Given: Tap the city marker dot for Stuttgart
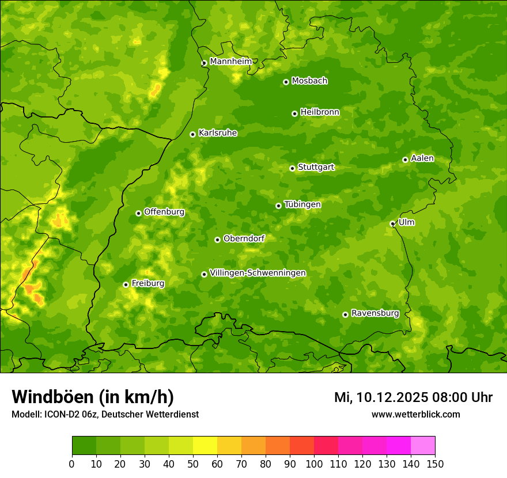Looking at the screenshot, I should (x=292, y=168).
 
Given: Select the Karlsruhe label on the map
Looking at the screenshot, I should (x=217, y=133).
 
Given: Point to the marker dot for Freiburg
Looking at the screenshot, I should (x=126, y=284).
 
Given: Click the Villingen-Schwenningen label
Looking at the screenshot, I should (x=258, y=273).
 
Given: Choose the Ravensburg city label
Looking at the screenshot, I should (x=374, y=313).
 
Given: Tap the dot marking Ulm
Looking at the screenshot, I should (x=392, y=223).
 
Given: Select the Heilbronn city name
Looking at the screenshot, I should (x=319, y=112).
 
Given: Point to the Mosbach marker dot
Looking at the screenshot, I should (x=286, y=82).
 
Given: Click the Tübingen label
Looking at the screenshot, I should (x=302, y=204).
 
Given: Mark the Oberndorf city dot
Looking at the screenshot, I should (x=217, y=240).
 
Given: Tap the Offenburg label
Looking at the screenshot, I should (x=164, y=212).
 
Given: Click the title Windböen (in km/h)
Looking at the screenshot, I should (x=92, y=397).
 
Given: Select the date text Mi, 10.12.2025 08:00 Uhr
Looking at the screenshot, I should (x=413, y=397).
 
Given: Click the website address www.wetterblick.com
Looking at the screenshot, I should (x=415, y=414).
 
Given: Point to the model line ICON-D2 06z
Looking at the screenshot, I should (x=105, y=414).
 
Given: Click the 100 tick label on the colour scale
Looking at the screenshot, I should (x=314, y=464).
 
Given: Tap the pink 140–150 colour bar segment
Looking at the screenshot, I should (x=423, y=445).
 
